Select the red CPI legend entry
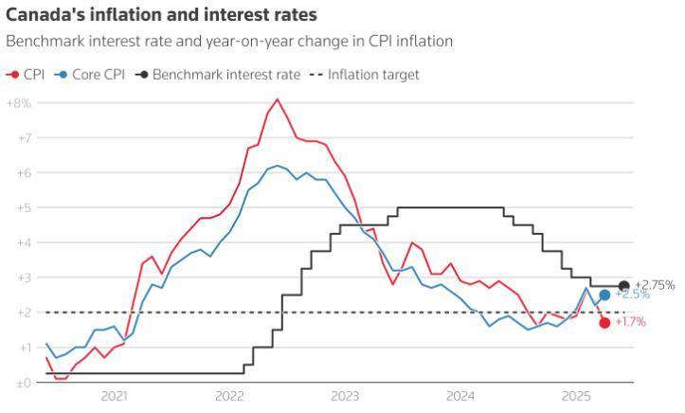click(x=27, y=75)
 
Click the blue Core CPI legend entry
click(x=90, y=75)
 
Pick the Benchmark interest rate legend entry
click(x=218, y=75)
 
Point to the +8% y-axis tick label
click(x=19, y=102)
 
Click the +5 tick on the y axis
click(x=23, y=207)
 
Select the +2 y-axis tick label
click(x=23, y=313)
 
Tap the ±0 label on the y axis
click(x=21, y=383)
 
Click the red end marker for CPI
click(x=604, y=323)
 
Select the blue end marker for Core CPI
click(x=604, y=295)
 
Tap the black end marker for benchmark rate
click(x=623, y=286)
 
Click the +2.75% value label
click(x=655, y=285)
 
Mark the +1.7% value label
click(x=631, y=323)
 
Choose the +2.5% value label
click(x=632, y=296)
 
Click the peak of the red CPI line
click(x=277, y=99)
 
